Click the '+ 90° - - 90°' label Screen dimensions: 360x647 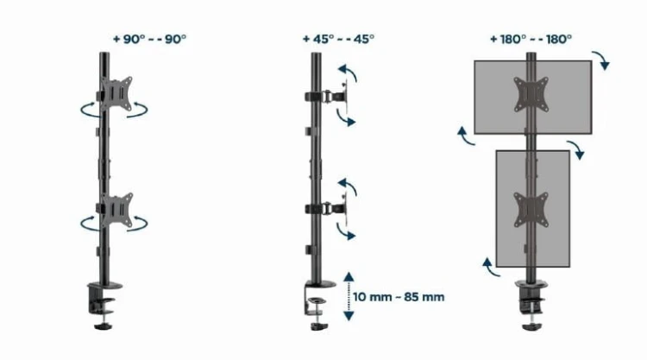point(149,39)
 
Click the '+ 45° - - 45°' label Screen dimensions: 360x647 point(338,39)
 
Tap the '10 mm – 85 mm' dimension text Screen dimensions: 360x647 point(398,296)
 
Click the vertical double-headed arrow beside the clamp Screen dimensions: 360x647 point(349,296)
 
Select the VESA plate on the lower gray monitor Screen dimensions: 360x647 point(527,210)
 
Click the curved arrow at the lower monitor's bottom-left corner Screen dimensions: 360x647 point(488,264)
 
